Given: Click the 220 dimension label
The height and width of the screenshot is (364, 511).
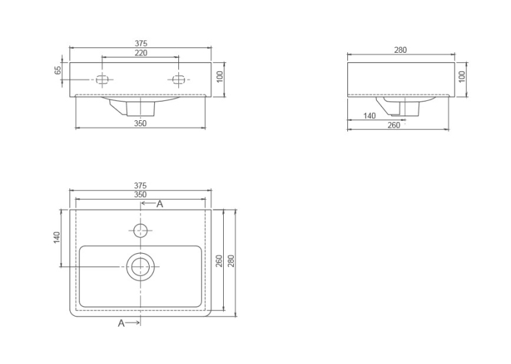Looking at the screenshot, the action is (x=141, y=53).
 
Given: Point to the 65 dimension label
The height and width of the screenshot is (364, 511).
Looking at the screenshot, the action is (x=57, y=70).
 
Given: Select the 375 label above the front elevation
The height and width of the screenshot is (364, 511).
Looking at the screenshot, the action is (x=141, y=43).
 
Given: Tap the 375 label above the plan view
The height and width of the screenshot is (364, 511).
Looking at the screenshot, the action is (x=140, y=186).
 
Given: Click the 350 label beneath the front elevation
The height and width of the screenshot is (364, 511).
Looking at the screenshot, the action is (x=140, y=124).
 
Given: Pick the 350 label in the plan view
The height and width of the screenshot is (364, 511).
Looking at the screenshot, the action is (x=140, y=194).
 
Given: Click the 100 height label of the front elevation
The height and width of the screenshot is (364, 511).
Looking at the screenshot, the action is (x=220, y=77).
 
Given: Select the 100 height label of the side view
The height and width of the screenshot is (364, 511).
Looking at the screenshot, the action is (x=462, y=77).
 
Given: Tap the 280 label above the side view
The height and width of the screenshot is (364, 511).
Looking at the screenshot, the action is (x=401, y=50).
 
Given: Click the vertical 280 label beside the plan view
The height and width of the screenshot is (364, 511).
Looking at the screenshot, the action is (x=230, y=261).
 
